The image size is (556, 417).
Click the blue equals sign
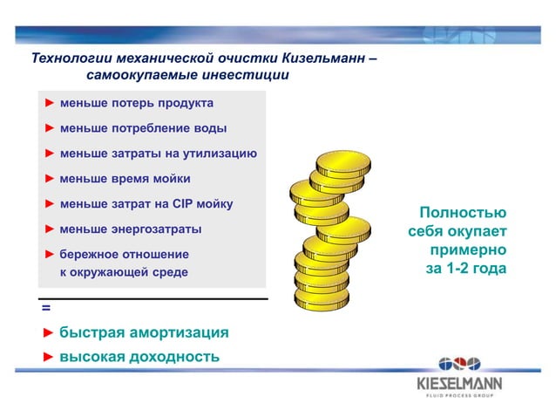[x=45, y=309]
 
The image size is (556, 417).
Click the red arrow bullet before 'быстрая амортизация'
[x=48, y=333]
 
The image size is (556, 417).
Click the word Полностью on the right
[x=462, y=213]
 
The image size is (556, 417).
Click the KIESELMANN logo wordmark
[x=459, y=383]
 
